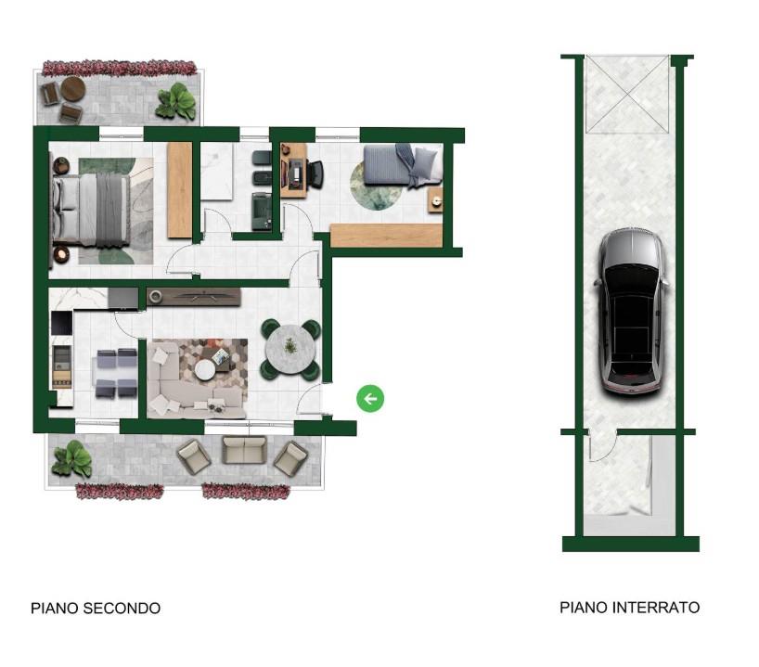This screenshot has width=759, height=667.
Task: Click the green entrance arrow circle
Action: click(x=370, y=398)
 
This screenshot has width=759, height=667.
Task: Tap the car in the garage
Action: click(x=631, y=311)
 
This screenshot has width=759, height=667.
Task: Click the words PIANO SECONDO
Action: click(x=96, y=608)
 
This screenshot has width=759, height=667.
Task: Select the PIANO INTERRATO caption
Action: click(x=629, y=607)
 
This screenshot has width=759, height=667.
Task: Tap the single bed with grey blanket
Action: click(x=403, y=165)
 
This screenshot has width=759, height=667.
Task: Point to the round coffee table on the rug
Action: click(x=205, y=370)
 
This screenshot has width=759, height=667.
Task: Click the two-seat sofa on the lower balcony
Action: click(x=244, y=450)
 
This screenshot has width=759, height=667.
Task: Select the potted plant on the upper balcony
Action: click(x=176, y=102)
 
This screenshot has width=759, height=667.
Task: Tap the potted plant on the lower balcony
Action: click(x=71, y=459)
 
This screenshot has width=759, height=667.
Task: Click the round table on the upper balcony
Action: click(x=73, y=89)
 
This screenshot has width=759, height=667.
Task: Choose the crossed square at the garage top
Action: click(x=627, y=94)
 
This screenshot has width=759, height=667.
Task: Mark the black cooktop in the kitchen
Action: click(x=61, y=323)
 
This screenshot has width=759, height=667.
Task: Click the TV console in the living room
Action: click(x=194, y=297)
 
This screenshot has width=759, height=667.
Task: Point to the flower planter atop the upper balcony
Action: click(x=119, y=69)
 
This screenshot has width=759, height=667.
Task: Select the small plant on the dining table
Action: click(x=289, y=346)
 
